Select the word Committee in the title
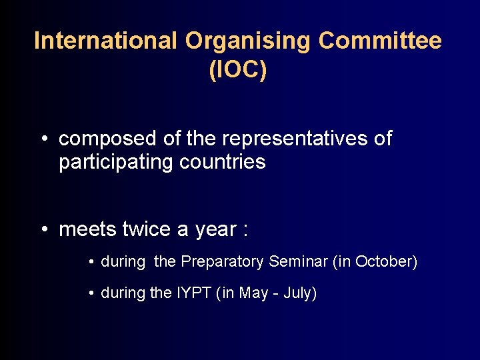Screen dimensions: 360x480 pyautogui.click(x=380, y=41)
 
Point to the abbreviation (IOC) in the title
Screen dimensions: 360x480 pyautogui.click(x=238, y=71)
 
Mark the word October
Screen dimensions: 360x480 pyautogui.click(x=383, y=261)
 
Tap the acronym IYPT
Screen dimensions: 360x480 pyautogui.click(x=193, y=293)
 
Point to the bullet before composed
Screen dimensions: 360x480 pyautogui.click(x=42, y=139)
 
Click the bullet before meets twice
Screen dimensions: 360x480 pyautogui.click(x=42, y=230)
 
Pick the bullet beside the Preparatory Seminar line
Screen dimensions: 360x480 pyautogui.click(x=91, y=262)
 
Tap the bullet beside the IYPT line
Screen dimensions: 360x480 pyautogui.click(x=91, y=293)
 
